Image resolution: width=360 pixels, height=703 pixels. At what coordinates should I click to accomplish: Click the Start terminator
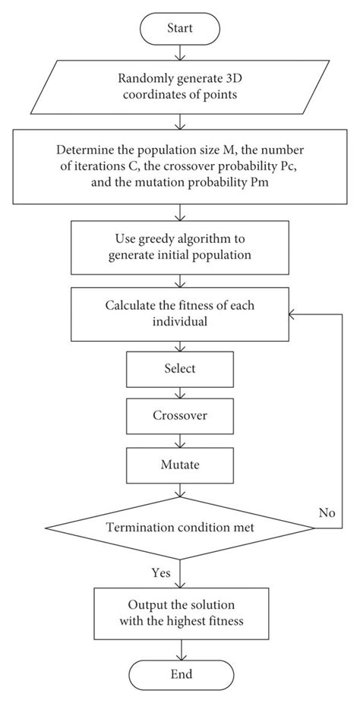[180, 28]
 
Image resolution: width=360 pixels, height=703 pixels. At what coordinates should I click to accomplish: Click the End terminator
[180, 674]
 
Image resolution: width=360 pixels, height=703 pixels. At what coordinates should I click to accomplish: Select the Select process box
[180, 369]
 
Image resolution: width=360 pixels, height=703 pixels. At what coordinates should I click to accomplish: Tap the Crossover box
[180, 417]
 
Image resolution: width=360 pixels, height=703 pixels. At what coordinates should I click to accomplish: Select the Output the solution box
[180, 613]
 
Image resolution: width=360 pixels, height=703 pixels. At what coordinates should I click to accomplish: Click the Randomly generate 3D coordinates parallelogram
[180, 86]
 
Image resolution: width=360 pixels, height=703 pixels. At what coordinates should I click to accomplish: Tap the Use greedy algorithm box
[180, 247]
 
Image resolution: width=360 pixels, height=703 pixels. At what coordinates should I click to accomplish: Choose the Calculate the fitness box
[180, 314]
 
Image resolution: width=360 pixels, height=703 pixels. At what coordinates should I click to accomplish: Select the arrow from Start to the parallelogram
[180, 52]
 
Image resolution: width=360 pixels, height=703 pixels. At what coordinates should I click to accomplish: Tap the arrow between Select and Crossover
[180, 392]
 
